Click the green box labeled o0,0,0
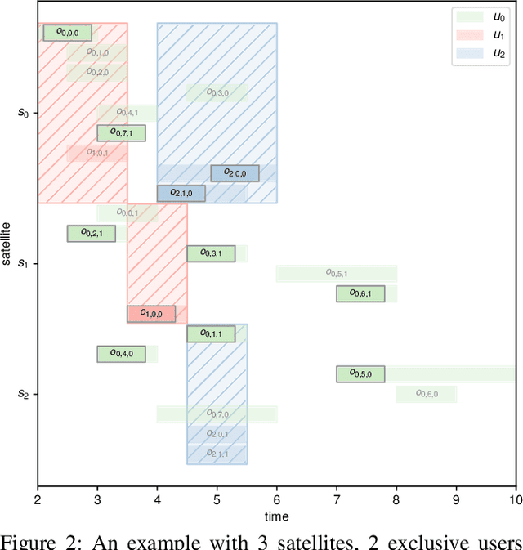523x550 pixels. (67, 33)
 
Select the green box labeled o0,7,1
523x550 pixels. (121, 132)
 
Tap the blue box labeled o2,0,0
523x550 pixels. (235, 173)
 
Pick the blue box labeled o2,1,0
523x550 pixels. (181, 193)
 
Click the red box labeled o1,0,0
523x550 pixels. (151, 313)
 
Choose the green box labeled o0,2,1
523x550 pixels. (91, 234)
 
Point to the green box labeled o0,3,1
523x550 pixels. (211, 253)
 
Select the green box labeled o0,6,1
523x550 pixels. (360, 293)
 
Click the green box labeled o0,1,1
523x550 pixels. (211, 333)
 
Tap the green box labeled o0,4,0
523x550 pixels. (121, 354)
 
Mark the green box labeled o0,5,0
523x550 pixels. (360, 373)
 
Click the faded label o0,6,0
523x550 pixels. (427, 394)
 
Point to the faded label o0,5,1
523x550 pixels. (337, 273)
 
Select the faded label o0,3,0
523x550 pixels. (217, 92)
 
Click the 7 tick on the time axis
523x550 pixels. (337, 499)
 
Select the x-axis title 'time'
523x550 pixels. (276, 516)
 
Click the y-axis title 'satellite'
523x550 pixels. (7, 243)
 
